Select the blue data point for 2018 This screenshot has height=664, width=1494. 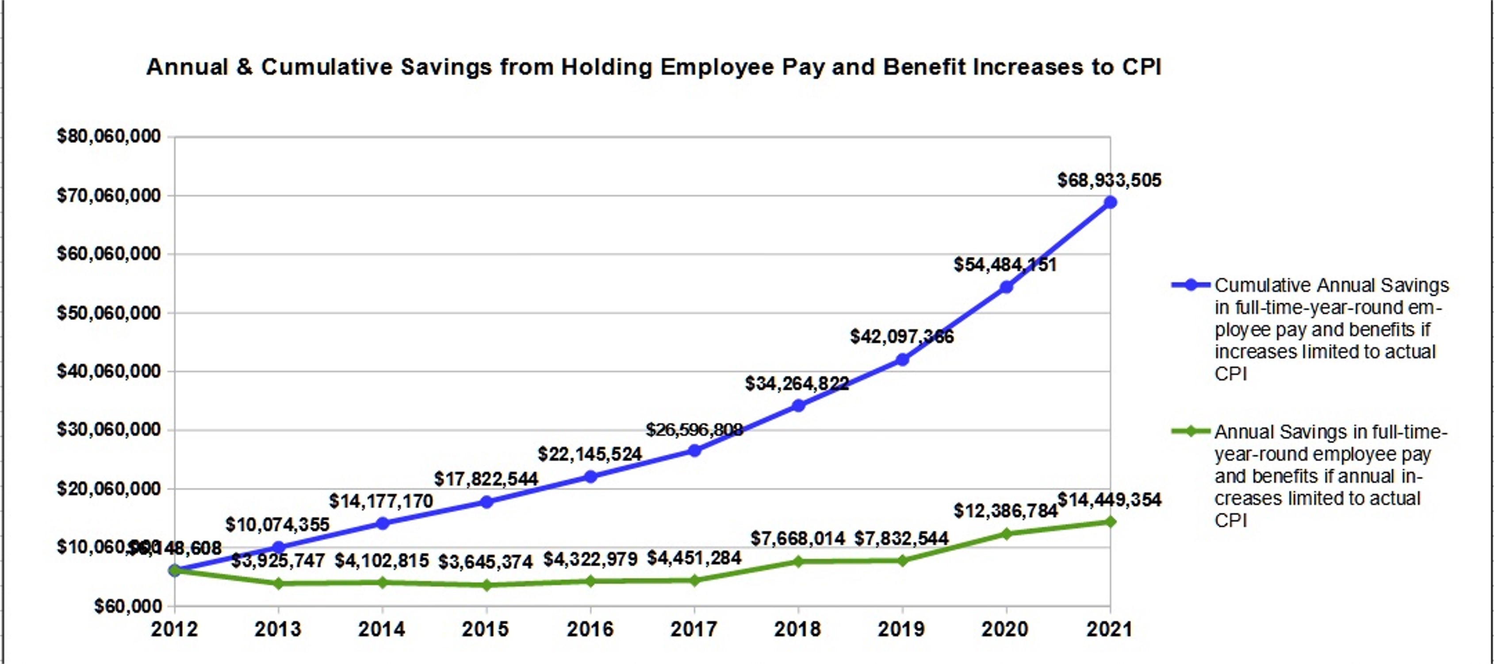798,406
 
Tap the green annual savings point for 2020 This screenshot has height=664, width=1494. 1006,534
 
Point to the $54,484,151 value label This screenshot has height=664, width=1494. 1005,265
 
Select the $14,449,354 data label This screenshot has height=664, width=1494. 1109,500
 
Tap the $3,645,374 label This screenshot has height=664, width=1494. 486,562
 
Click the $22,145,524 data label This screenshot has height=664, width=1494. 590,454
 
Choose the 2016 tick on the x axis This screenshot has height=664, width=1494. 590,629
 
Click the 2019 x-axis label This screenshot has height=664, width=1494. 902,629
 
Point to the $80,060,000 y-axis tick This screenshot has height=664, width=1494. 108,136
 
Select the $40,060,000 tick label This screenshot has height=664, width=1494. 108,371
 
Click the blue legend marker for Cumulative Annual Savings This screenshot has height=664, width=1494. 1191,285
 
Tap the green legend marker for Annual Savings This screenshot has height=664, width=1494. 1191,431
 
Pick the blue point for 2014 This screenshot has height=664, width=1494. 382,524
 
